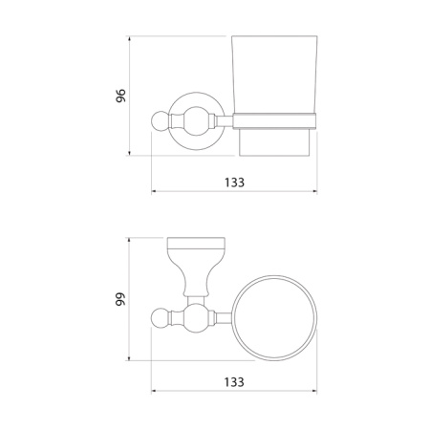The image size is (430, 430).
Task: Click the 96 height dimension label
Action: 120,96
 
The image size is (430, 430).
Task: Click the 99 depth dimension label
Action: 120,299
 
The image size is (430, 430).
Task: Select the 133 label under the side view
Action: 234,183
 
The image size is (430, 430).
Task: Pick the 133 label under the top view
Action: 234,382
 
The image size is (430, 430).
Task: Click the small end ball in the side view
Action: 160,121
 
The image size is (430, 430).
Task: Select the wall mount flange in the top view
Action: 196,267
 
